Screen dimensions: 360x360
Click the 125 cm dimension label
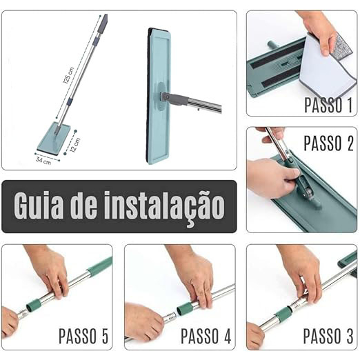[x=68, y=75]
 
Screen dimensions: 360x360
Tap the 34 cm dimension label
[x=43, y=161]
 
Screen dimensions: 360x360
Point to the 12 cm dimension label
[x=75, y=145]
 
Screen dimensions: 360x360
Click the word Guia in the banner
[x=38, y=206]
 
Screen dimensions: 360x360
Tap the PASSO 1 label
[x=328, y=106]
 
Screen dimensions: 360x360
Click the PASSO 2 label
[x=329, y=143]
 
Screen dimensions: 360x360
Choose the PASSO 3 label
[x=328, y=336]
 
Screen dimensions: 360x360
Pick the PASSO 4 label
[x=206, y=336]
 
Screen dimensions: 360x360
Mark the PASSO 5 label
[x=83, y=336]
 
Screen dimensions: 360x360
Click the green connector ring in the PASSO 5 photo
[x=34, y=304]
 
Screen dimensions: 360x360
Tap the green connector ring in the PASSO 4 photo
[x=185, y=308]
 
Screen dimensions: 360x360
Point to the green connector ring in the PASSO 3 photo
[x=284, y=314]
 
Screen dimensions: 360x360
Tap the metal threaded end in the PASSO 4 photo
[x=170, y=318]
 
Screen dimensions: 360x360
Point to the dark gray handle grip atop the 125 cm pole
[x=103, y=24]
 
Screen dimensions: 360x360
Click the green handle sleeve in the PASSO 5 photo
[x=99, y=265]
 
